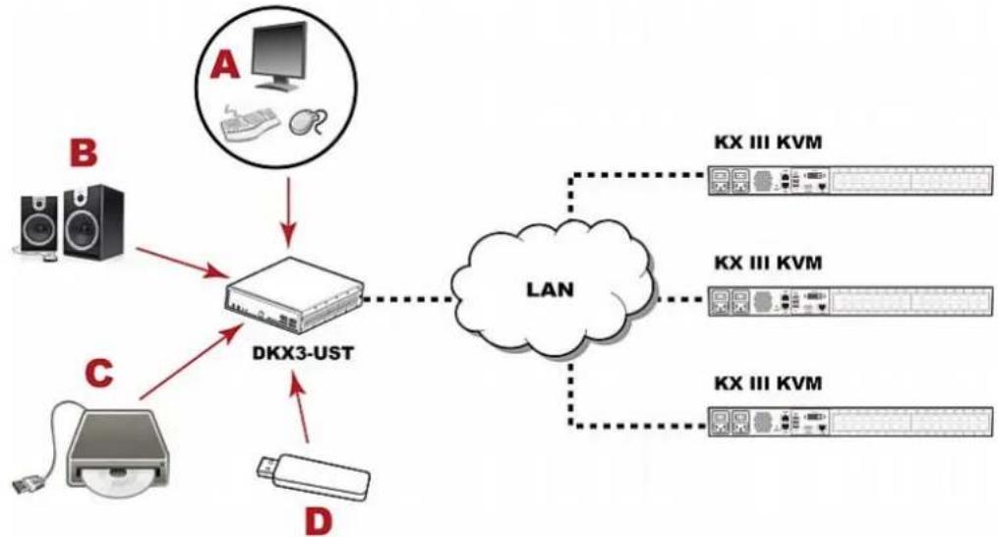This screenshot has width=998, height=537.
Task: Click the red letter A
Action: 225,66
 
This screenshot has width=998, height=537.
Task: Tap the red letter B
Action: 84,154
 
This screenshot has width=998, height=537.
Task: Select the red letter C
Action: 98,374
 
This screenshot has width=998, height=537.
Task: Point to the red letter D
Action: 319,521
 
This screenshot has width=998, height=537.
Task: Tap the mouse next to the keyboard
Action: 308,122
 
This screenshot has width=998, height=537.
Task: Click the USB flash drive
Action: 313,476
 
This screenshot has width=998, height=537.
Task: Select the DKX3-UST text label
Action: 303,352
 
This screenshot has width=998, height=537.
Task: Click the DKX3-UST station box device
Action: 294,294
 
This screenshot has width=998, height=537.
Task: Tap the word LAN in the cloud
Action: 550,290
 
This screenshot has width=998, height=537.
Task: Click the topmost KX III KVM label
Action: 768,142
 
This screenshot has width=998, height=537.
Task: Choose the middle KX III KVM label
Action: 768,262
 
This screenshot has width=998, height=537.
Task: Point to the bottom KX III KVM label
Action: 768,383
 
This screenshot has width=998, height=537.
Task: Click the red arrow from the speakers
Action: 183,263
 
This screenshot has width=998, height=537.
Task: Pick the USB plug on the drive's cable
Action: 25,483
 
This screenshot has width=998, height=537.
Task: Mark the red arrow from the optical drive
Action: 191,361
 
